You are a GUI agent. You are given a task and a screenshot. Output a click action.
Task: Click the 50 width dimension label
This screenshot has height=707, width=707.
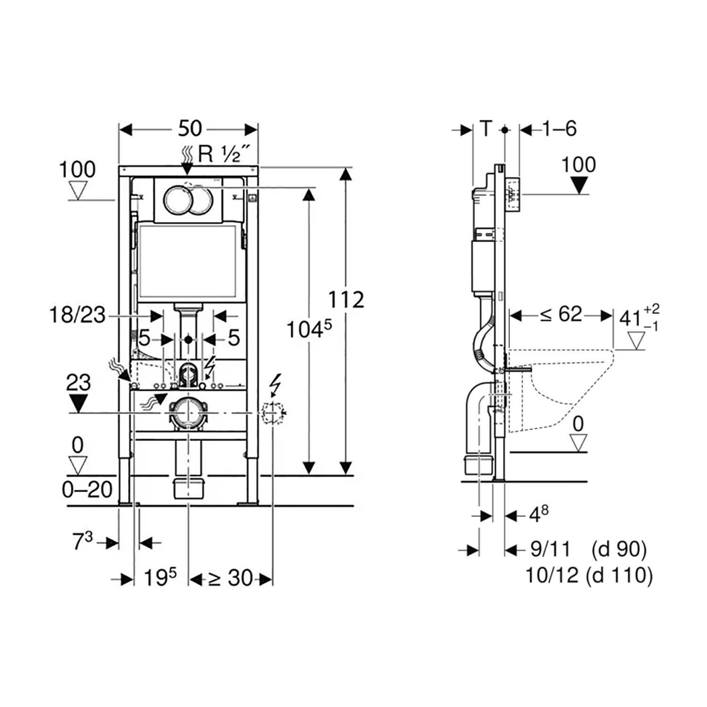tap(190, 128)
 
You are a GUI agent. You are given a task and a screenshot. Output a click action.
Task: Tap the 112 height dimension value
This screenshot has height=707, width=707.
tap(346, 300)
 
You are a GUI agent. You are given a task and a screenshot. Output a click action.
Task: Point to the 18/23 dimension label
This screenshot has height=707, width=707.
tap(77, 315)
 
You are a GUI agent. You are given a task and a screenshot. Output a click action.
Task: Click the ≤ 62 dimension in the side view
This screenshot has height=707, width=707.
tap(561, 314)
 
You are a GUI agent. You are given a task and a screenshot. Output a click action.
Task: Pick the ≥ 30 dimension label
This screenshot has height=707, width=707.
tap(230, 578)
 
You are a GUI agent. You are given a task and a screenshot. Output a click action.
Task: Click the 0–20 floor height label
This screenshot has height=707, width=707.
tap(87, 490)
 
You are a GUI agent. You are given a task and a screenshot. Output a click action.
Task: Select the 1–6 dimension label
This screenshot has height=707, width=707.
tap(559, 128)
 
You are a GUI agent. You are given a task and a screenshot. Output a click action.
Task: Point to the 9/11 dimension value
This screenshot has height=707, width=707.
tap(551, 549)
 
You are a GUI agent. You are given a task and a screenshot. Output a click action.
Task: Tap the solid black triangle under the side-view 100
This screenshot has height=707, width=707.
tap(579, 185)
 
